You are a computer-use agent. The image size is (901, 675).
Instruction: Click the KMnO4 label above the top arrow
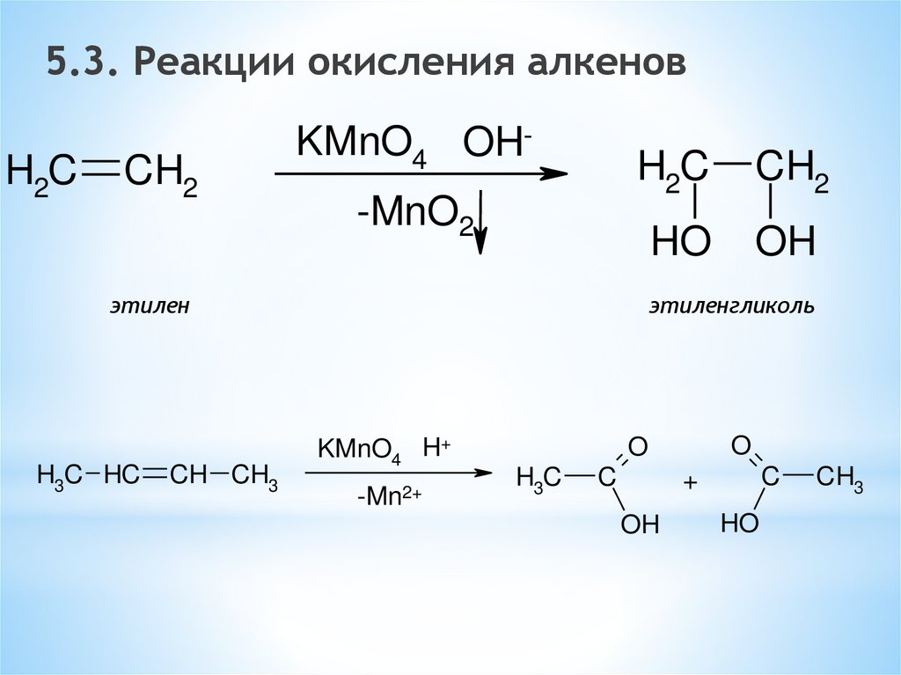tap(361, 144)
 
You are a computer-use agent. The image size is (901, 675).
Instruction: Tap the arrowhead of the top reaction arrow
tap(554, 174)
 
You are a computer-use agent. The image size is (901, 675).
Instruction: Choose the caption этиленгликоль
tap(732, 307)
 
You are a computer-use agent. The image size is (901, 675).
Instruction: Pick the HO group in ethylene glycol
tap(680, 241)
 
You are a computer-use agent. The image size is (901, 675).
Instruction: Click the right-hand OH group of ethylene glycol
tap(786, 241)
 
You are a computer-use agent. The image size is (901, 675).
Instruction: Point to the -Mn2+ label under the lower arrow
tap(390, 498)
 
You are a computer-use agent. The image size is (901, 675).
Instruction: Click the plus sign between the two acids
tap(690, 484)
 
